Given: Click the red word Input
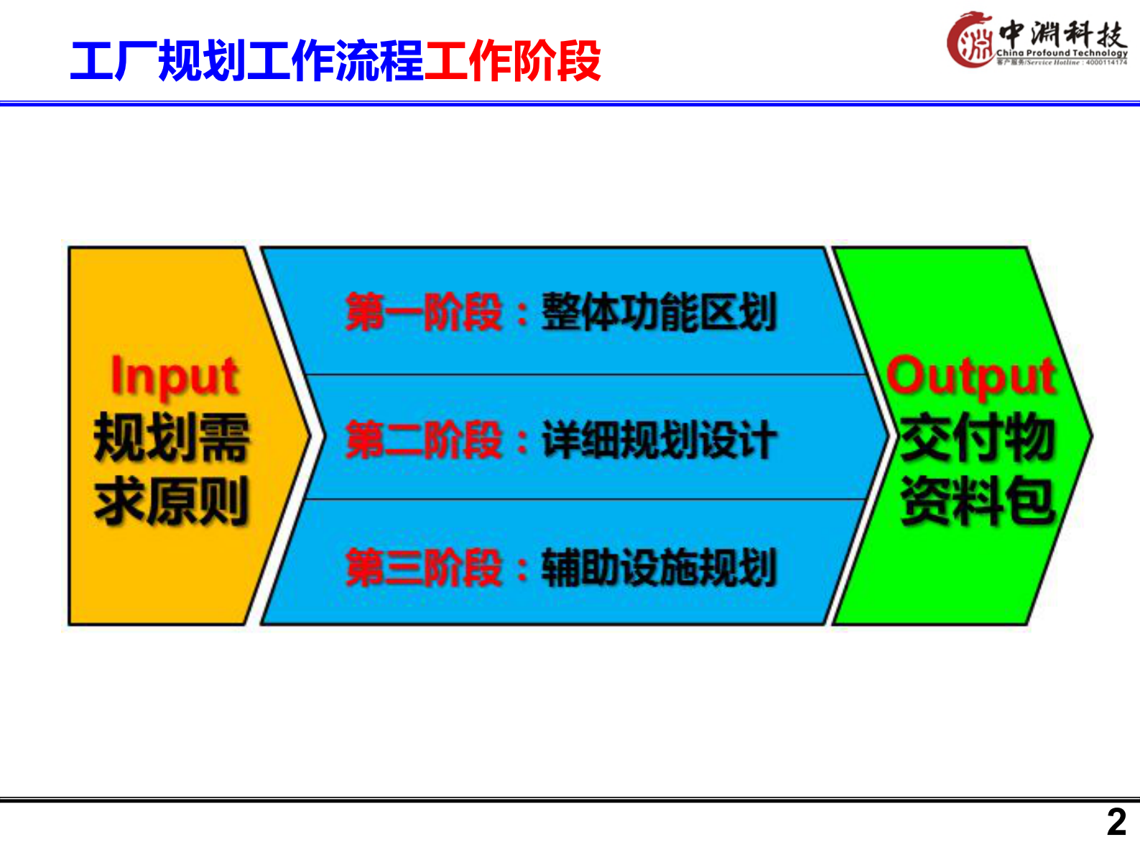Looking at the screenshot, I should pyautogui.click(x=175, y=376).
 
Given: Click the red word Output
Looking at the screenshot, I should pyautogui.click(x=971, y=376).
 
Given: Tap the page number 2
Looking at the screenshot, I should pyautogui.click(x=1116, y=822).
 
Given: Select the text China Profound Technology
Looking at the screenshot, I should pyautogui.click(x=1062, y=53).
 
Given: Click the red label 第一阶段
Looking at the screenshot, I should pyautogui.click(x=423, y=313).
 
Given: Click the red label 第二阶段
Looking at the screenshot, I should pyautogui.click(x=423, y=440).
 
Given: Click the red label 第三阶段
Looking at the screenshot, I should pyautogui.click(x=423, y=568).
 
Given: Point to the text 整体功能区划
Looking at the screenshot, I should pyautogui.click(x=659, y=313).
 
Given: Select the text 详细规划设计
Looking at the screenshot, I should pyautogui.click(x=659, y=440).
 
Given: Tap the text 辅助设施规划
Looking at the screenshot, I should pyautogui.click(x=659, y=568).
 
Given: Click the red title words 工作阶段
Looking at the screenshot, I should pyautogui.click(x=513, y=62).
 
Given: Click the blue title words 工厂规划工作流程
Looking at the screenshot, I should pyautogui.click(x=247, y=62).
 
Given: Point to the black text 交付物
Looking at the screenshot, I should pyautogui.click(x=977, y=437).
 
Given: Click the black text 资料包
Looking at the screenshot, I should pyautogui.click(x=977, y=500).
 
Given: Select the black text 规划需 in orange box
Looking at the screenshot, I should pyautogui.click(x=172, y=437).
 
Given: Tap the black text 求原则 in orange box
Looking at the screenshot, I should pyautogui.click(x=172, y=500).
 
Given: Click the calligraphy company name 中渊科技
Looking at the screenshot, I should pyautogui.click(x=1062, y=32).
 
